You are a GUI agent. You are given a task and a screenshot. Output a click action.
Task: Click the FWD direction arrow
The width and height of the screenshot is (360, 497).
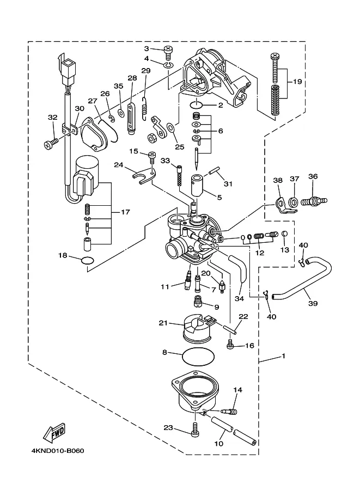tap(54, 432)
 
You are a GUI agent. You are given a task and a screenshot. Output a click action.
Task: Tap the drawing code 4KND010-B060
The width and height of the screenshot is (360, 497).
tap(58, 451)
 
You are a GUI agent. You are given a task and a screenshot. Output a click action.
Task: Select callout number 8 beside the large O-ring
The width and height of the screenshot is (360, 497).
tap(164, 352)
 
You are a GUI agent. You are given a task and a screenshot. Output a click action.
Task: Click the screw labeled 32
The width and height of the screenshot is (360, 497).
tap(51, 144)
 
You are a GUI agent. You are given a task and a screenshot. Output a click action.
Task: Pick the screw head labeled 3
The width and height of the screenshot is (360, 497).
tap(168, 51)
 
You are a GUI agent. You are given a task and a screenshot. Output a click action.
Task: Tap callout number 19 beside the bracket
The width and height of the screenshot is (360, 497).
tap(297, 82)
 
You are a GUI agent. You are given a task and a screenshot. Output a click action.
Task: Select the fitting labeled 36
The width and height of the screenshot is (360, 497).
tap(314, 201)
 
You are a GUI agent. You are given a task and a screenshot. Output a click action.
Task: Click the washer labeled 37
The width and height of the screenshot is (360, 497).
tap(294, 201)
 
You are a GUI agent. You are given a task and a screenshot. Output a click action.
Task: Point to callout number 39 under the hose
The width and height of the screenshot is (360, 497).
tap(313, 303)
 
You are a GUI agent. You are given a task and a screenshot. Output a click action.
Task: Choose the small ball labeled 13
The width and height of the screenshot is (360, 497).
tap(285, 234)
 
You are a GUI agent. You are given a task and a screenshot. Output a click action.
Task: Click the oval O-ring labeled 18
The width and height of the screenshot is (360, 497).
tap(88, 261)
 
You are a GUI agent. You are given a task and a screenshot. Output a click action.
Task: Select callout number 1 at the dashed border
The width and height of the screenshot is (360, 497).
tap(284, 356)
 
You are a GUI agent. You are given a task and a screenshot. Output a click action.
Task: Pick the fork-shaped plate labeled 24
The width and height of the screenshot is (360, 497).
tap(143, 176)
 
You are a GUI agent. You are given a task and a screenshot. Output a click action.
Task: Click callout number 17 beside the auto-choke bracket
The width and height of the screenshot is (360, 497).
tap(125, 212)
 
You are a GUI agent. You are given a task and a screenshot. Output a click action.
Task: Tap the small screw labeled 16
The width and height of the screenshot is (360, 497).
tap(230, 345)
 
